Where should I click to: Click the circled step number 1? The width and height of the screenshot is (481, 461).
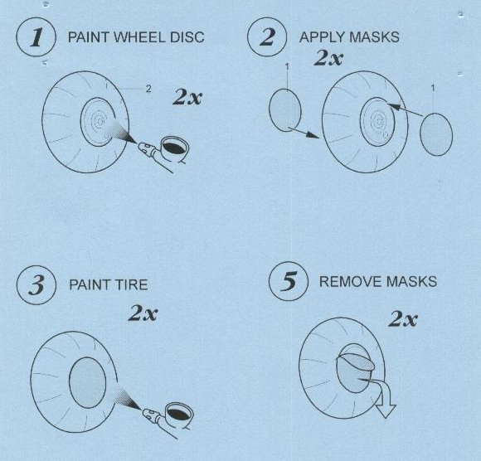[36, 37]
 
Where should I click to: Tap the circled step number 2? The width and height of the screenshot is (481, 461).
[267, 37]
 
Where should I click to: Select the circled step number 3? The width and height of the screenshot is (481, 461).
[36, 285]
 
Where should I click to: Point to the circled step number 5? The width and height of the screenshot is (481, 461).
[289, 281]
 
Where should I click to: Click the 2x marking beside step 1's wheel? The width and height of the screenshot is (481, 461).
[187, 97]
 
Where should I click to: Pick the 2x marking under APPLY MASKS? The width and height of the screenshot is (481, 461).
[328, 57]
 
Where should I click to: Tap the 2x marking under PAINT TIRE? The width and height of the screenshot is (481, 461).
[143, 313]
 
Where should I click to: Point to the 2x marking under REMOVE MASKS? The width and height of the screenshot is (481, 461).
[403, 319]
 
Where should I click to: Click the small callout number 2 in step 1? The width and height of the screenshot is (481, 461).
[148, 89]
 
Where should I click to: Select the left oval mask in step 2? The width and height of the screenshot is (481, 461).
[285, 110]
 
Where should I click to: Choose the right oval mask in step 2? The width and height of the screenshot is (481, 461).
[436, 134]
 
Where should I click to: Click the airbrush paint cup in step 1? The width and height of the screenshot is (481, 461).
[174, 149]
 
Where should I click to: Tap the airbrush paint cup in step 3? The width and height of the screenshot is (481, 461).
[179, 415]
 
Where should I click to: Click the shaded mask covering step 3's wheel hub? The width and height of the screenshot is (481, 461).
[87, 383]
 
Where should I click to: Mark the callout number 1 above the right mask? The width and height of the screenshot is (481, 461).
[433, 89]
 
